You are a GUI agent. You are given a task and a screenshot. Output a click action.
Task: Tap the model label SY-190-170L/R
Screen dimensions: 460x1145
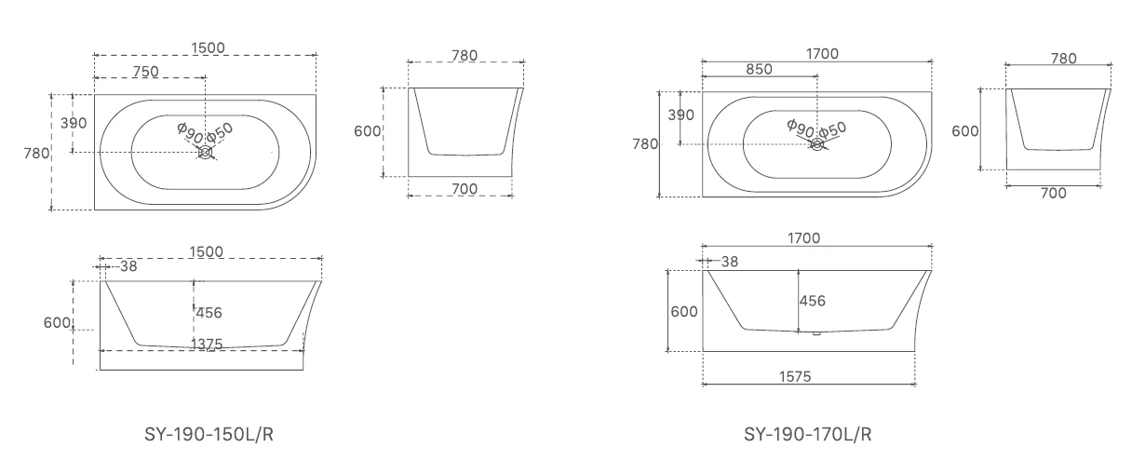tap(808, 434)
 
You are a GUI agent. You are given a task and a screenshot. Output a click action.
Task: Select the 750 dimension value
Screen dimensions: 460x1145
tap(145, 71)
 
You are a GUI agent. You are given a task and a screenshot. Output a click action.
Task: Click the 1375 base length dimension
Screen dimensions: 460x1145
tap(206, 344)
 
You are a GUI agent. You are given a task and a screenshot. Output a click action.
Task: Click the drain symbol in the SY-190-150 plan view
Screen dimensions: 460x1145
tap(206, 152)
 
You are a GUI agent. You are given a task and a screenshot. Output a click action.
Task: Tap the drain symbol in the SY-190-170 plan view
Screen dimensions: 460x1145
tap(817, 144)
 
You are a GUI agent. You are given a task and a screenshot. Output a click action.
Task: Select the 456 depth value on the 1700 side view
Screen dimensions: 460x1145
tap(813, 301)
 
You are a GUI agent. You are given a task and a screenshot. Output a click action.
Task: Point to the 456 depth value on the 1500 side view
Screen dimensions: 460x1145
tap(209, 312)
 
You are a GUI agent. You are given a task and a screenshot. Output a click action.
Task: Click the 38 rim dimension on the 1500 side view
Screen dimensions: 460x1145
tap(128, 266)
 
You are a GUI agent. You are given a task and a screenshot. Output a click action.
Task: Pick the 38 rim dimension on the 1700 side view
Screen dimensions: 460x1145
tap(731, 262)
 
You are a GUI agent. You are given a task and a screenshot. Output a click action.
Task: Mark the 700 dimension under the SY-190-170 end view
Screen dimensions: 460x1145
tap(1053, 192)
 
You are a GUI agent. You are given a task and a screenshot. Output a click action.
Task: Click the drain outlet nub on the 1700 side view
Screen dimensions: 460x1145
tap(815, 333)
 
